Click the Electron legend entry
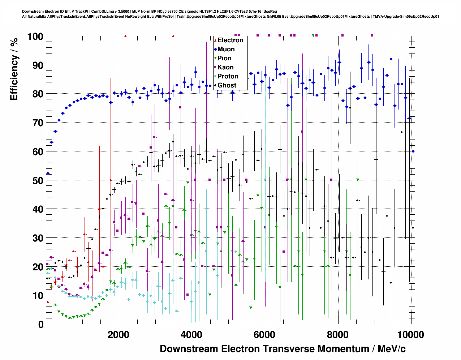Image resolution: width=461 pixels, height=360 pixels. pos(230,40)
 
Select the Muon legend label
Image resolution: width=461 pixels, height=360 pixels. pos(226,49)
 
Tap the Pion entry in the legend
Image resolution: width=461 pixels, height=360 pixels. pos(224,58)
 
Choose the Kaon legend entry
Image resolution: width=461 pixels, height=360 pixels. pos(225,67)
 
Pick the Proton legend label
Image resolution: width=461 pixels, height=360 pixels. pos(228,76)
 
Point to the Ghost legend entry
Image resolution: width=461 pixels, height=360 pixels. pos(227,85)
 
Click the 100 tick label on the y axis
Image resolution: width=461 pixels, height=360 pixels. pos(35,37)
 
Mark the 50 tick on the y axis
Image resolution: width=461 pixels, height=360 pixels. pos(38,180)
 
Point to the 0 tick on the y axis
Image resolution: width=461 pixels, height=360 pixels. pos(41,325)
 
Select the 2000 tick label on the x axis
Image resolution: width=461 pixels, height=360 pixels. pos(118,335)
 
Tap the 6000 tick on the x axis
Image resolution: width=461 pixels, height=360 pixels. pos(265,335)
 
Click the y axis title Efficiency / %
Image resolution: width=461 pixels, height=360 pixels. pos(14,69)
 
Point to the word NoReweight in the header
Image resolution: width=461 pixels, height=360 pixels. pos(136,16)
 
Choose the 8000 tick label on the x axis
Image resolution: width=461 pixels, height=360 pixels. pos(338,335)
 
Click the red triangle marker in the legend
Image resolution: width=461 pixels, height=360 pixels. pos(215,40)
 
